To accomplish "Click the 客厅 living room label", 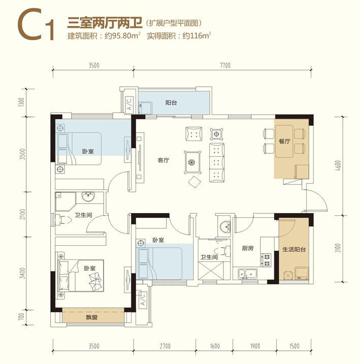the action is coord(163,160).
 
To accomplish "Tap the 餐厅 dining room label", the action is coord(284,141).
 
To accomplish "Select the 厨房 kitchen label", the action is coord(247,248).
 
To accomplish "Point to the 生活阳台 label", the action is coord(294,249).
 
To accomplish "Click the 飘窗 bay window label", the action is coord(92,317).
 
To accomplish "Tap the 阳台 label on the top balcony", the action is coord(171,103).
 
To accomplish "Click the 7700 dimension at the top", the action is coord(225,65).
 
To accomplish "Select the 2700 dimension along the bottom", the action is coord(165,346).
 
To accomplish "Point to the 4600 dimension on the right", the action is coord(338,166).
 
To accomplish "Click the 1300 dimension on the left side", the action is coord(21,102).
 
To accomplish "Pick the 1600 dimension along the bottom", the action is coord(215,346).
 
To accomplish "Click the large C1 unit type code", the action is coord(37,25).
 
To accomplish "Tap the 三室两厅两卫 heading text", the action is coord(105,23).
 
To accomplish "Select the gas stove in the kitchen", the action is coord(267,260).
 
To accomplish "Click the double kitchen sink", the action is coord(247,274).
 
